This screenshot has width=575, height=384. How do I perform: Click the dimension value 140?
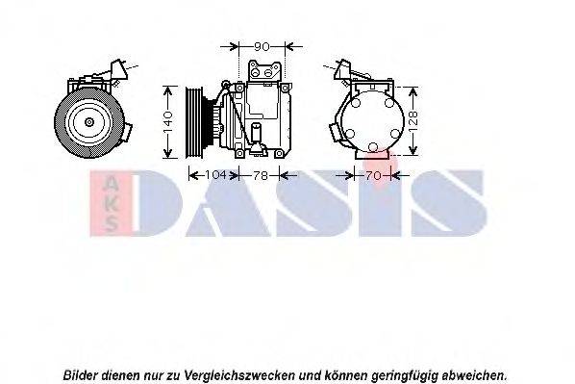(166, 120)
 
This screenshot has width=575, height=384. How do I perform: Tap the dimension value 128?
(414, 120)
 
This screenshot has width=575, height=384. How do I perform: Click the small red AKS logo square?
(112, 202)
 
